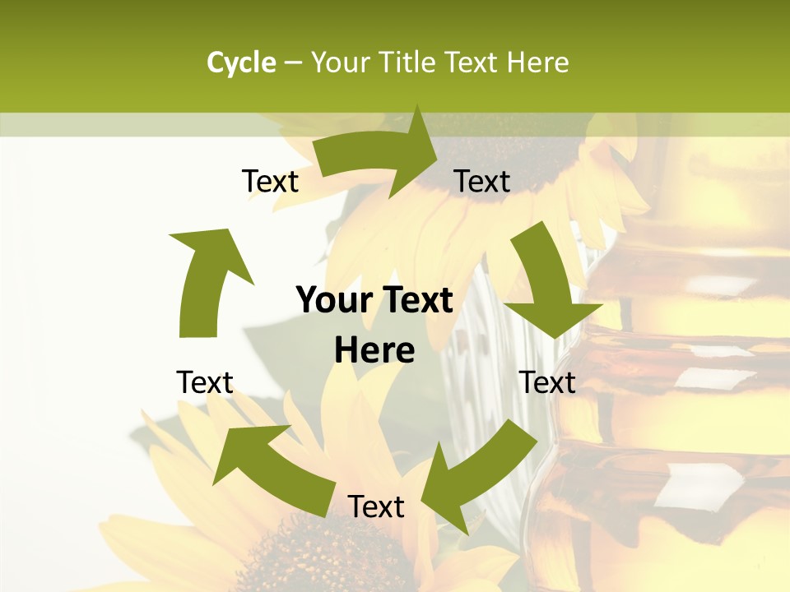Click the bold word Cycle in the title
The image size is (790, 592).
click(241, 62)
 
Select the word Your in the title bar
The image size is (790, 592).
click(340, 62)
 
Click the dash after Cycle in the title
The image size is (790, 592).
click(293, 63)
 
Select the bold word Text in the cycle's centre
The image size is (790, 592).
click(416, 300)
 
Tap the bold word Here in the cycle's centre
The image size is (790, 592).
click(374, 350)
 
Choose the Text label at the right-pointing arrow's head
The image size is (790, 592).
click(482, 182)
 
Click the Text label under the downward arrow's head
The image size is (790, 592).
click(548, 382)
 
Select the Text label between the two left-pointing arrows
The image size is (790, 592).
click(376, 506)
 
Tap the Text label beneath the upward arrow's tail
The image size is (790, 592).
click(205, 382)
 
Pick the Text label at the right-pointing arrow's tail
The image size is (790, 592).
click(270, 182)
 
